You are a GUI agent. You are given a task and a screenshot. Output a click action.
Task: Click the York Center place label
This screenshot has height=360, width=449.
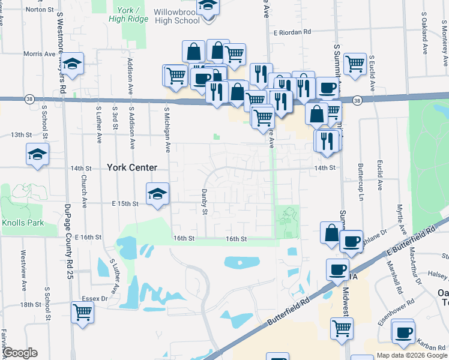(x=132, y=168)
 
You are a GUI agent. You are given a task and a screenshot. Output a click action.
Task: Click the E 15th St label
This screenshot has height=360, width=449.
(x=124, y=204)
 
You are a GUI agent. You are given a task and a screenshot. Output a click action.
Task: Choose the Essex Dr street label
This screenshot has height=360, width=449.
(x=95, y=298)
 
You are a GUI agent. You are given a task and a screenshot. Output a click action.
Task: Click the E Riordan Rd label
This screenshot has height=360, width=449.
(x=293, y=32)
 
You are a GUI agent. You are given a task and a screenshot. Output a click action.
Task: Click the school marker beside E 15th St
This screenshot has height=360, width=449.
(x=157, y=194)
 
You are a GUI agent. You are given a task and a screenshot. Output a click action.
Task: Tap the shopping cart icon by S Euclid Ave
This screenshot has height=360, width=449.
(x=355, y=63)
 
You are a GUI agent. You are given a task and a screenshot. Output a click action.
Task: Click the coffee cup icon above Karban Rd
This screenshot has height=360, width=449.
(x=403, y=331)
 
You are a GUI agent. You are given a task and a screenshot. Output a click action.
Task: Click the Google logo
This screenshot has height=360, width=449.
(x=20, y=353)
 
